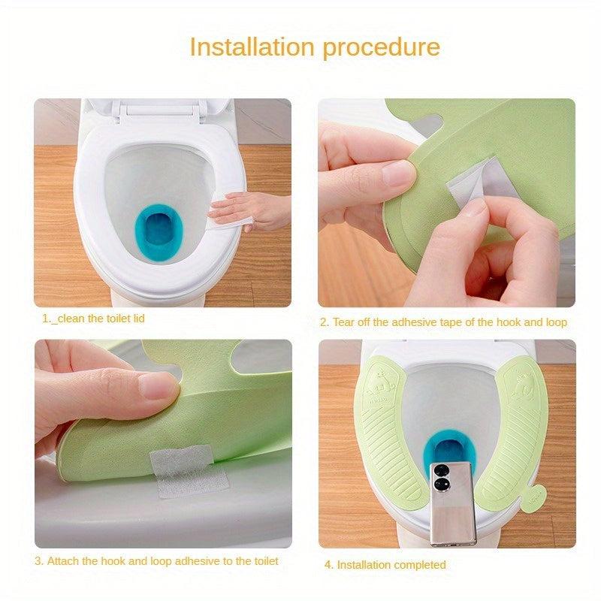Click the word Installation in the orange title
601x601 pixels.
[x=252, y=47]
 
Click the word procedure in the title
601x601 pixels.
[x=382, y=47]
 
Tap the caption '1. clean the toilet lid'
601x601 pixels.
[x=93, y=319]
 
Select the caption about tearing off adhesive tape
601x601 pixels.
[x=443, y=322]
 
